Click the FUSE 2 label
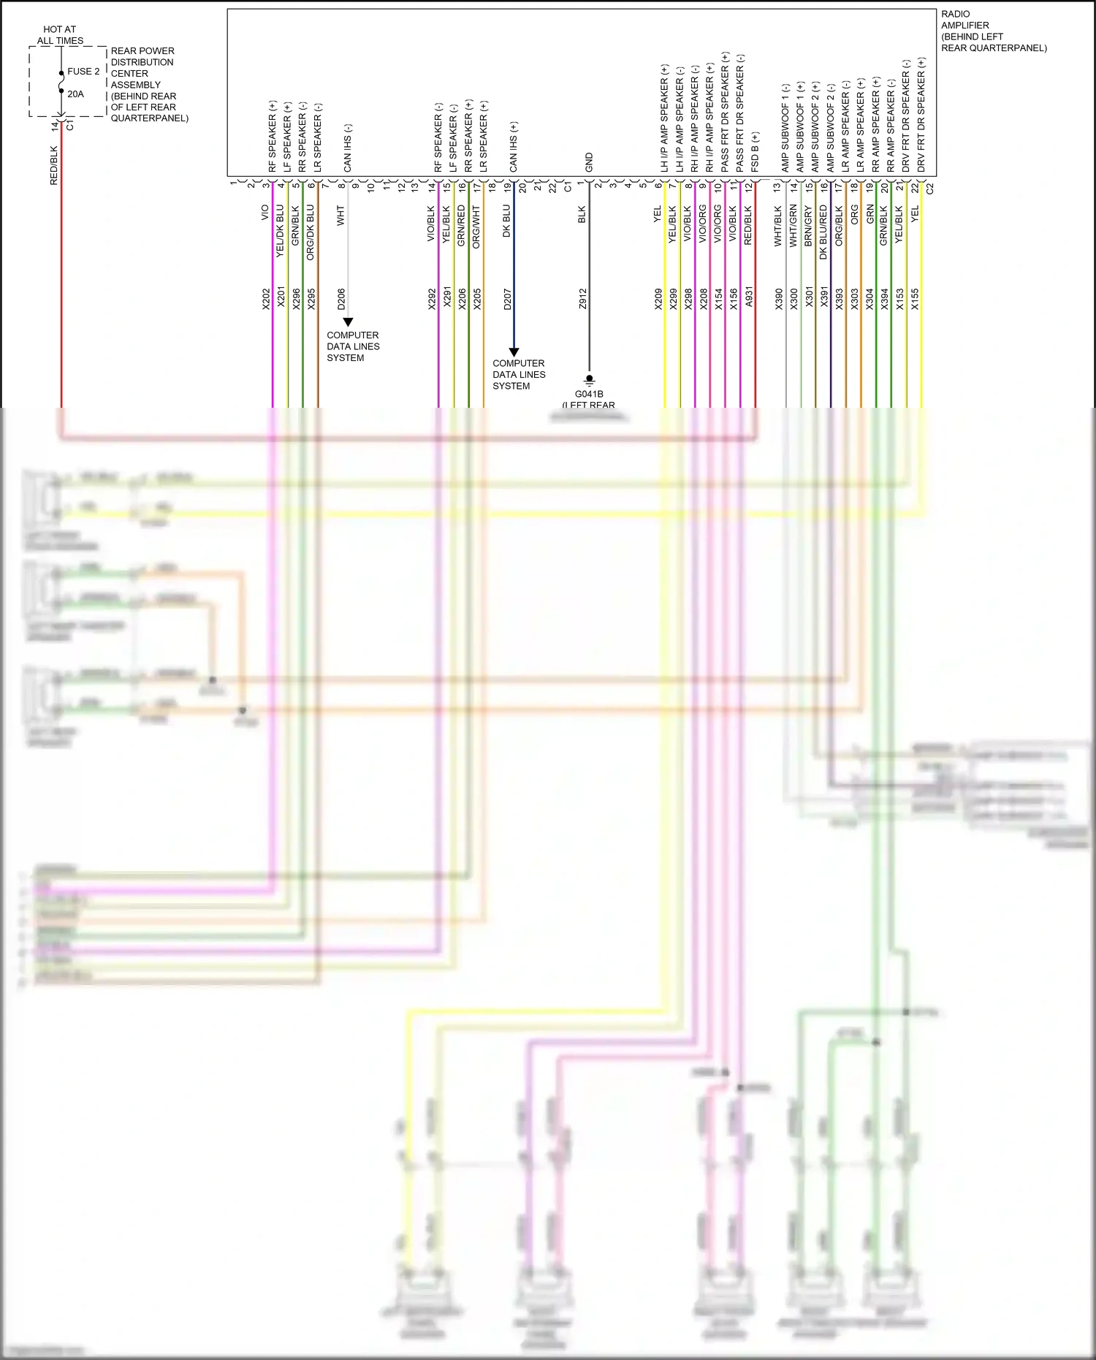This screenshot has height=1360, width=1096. pyautogui.click(x=83, y=72)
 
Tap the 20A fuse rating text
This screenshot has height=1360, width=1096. pyautogui.click(x=75, y=94)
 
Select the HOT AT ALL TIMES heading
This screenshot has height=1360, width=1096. pyautogui.click(x=60, y=35)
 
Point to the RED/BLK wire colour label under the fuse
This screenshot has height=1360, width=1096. pyautogui.click(x=53, y=165)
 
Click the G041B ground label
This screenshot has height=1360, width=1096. pyautogui.click(x=589, y=394)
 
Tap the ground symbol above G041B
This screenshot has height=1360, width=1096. pyautogui.click(x=589, y=380)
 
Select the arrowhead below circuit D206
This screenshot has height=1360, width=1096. pyautogui.click(x=349, y=322)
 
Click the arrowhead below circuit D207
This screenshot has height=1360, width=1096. pyautogui.click(x=514, y=352)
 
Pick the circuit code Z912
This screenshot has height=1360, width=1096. pyautogui.click(x=582, y=299)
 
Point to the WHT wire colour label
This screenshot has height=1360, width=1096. pyautogui.click(x=340, y=215)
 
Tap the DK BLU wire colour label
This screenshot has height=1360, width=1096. pyautogui.click(x=506, y=221)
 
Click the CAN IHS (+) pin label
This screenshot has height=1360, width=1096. pyautogui.click(x=513, y=147)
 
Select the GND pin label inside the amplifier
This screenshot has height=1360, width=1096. pyautogui.click(x=589, y=163)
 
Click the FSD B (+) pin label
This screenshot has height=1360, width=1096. pyautogui.click(x=755, y=152)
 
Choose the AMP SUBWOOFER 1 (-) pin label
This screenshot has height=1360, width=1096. pyautogui.click(x=785, y=128)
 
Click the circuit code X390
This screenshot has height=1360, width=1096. pyautogui.click(x=779, y=299)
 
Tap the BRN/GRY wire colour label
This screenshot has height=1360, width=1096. pyautogui.click(x=808, y=225)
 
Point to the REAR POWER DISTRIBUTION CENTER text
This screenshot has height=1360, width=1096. pyautogui.click(x=142, y=62)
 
